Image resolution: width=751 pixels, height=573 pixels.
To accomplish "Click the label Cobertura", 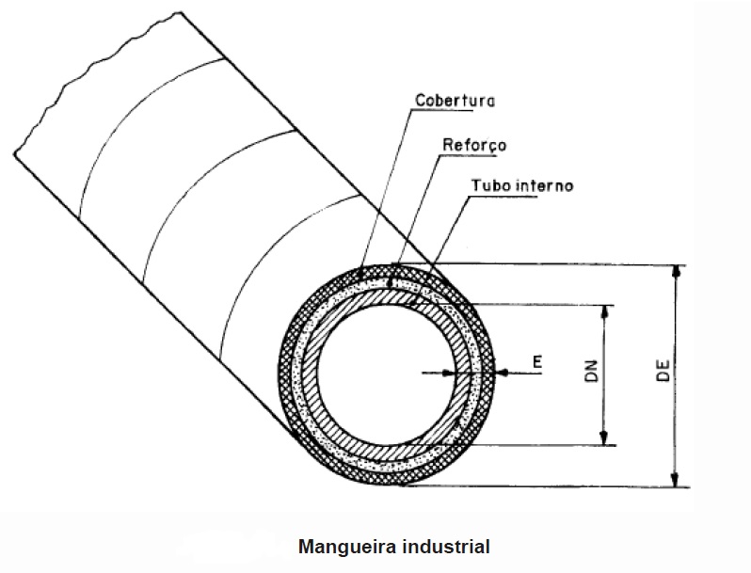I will [456, 99].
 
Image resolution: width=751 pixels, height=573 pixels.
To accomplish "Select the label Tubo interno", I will [519, 185].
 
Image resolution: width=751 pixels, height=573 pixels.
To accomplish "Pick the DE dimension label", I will [663, 373].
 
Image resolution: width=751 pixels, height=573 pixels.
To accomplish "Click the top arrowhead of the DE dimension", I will [676, 271].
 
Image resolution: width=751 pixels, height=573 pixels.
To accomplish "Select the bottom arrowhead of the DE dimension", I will [676, 480].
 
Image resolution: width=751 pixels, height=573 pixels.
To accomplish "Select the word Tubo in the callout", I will [487, 185].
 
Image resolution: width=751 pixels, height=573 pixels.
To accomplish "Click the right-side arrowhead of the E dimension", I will [505, 374].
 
